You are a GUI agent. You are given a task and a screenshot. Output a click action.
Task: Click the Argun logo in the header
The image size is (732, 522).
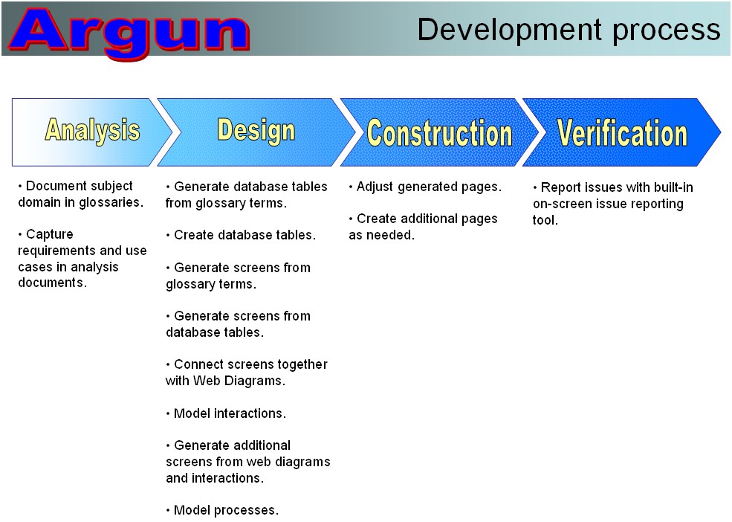(129, 33)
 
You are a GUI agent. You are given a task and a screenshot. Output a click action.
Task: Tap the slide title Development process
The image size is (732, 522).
(569, 30)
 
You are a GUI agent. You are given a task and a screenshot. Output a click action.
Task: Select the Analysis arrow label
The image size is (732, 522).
(92, 130)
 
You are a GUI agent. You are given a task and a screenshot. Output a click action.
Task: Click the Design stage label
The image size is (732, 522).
(256, 130)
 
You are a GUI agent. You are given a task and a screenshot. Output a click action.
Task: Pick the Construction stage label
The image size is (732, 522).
(439, 133)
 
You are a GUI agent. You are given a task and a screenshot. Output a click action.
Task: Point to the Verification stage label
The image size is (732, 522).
(622, 133)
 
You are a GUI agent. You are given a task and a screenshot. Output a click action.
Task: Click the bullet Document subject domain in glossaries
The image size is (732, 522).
(80, 194)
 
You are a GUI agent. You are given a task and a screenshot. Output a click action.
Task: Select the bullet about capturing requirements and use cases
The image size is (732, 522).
(82, 259)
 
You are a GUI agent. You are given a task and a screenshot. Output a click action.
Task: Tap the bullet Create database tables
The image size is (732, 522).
(241, 234)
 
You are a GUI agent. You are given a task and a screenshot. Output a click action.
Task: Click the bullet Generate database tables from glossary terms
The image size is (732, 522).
(247, 195)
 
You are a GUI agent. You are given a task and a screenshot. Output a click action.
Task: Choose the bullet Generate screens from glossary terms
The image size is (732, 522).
(238, 276)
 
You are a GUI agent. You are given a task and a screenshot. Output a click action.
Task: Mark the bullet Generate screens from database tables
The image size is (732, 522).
(238, 324)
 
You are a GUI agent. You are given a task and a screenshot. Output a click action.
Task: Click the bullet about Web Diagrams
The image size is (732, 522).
(247, 373)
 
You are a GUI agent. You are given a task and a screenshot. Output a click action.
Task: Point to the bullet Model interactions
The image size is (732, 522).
(226, 413)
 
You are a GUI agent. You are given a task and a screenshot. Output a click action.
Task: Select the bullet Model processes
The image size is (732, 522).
(222, 510)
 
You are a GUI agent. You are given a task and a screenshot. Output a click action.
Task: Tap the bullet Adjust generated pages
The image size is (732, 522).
(425, 187)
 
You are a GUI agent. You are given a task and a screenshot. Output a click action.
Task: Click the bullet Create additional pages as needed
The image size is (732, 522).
(423, 227)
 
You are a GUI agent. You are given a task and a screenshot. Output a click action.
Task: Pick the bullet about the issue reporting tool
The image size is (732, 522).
(612, 204)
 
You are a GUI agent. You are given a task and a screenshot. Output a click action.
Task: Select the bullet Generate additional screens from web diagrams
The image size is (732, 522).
(248, 462)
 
